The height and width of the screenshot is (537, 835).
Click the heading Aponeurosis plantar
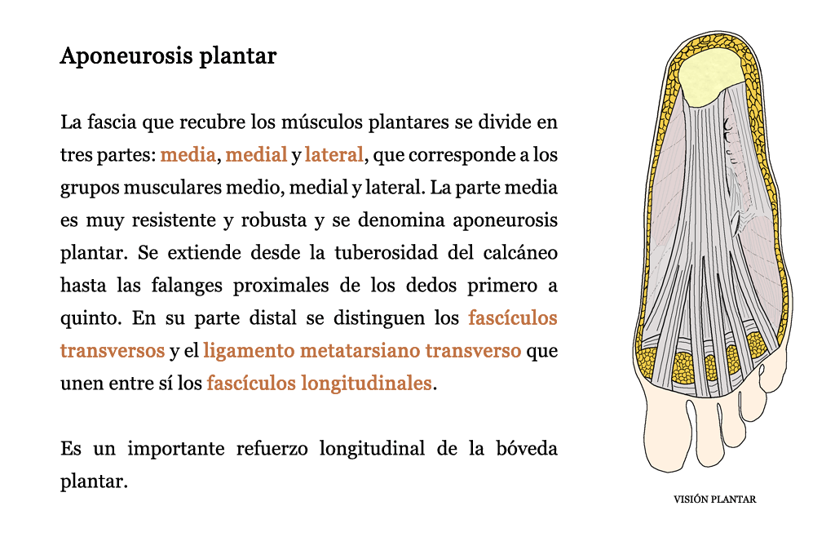tap(168, 56)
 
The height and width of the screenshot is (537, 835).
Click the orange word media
tap(188, 154)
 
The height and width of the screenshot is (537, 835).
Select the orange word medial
tap(256, 154)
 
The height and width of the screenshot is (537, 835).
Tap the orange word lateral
tap(334, 154)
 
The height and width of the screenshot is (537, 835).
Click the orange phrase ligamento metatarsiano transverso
tap(362, 351)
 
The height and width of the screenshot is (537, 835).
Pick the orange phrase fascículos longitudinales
tap(319, 383)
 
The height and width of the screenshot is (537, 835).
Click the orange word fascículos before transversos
tap(513, 318)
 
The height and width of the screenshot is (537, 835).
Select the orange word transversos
tap(113, 351)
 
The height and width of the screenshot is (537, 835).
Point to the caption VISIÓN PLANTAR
tap(714, 499)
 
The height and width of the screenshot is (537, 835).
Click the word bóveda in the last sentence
tap(527, 449)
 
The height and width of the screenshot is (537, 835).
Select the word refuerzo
tap(272, 449)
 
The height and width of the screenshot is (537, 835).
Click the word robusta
tap(274, 220)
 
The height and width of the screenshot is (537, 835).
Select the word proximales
tap(281, 286)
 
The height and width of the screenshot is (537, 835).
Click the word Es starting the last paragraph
tap(71, 449)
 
